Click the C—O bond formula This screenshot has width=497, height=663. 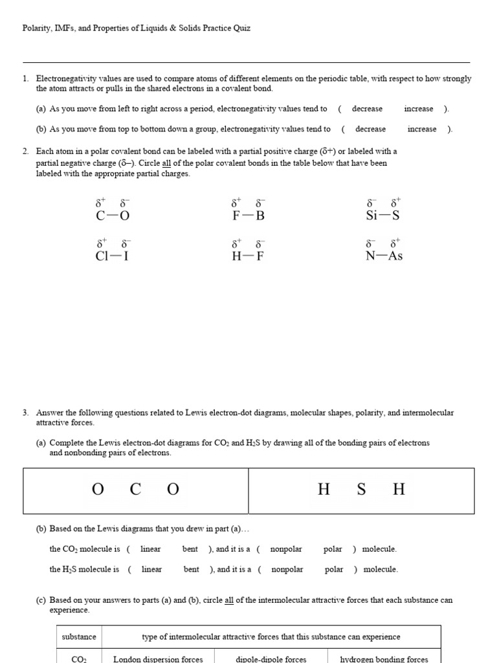tap(108, 216)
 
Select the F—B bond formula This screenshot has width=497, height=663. tap(248, 216)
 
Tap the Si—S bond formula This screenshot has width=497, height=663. tap(383, 216)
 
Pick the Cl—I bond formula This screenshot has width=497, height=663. tap(112, 256)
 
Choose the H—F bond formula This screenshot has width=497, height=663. tap(248, 256)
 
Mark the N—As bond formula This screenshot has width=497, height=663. tap(384, 256)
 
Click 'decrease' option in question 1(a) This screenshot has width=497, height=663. tap(366, 109)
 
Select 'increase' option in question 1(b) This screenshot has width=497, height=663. tap(422, 129)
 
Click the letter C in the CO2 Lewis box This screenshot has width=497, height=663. tap(135, 489)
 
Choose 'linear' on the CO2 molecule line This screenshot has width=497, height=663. tap(151, 549)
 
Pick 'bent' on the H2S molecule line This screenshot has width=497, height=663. tap(192, 570)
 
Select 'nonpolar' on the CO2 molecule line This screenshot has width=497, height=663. tap(286, 549)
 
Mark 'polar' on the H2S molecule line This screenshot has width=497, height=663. tap(334, 570)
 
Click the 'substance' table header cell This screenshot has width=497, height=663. tap(79, 636)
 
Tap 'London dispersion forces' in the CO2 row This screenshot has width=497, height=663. tap(158, 659)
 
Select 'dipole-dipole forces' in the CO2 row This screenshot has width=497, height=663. tap(271, 659)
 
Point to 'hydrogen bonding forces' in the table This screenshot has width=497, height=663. tap(384, 659)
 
